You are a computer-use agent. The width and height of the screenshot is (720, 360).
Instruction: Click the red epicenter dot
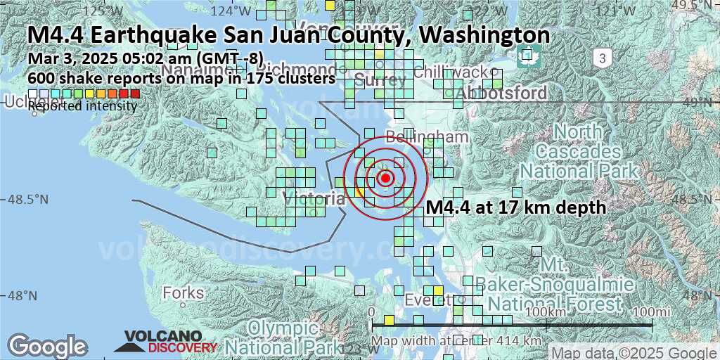point(385,178)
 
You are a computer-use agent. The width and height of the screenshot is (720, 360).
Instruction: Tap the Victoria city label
point(315,199)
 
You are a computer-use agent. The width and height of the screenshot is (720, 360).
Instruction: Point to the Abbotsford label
point(501,94)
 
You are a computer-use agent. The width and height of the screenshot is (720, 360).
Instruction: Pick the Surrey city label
point(380,81)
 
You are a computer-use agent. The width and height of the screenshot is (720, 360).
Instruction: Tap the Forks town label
point(183,292)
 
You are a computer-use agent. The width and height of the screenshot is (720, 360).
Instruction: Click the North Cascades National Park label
point(578,151)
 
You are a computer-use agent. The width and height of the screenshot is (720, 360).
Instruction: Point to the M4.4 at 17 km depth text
point(516,207)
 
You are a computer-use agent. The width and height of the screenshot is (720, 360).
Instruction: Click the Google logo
point(47,346)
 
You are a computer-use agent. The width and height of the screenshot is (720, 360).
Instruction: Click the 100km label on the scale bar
point(546,311)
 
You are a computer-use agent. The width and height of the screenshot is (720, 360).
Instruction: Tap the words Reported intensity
point(82,106)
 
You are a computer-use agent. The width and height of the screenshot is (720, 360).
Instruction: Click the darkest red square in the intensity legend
point(135,94)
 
